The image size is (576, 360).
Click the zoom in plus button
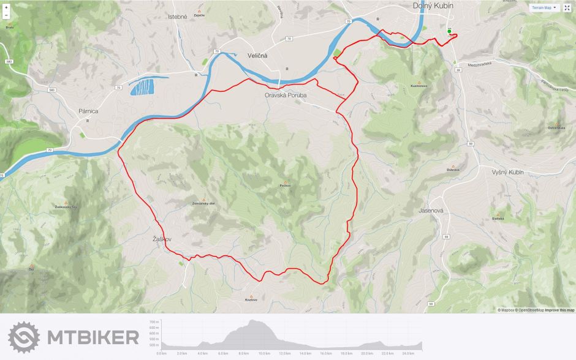(6, 7)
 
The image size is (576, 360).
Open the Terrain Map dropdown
(544, 8)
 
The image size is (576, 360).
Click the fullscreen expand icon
(567, 8)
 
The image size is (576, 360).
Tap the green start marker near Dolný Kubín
(449, 31)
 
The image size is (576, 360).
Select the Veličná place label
(257, 55)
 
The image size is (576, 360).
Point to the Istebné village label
(177, 17)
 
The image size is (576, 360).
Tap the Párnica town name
(88, 111)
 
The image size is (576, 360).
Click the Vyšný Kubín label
(508, 173)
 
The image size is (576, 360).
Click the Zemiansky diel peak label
(203, 203)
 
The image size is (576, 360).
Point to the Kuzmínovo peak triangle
(419, 82)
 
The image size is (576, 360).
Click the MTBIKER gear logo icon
(24, 337)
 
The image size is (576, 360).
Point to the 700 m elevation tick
(153, 321)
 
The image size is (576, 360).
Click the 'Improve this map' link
(559, 310)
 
